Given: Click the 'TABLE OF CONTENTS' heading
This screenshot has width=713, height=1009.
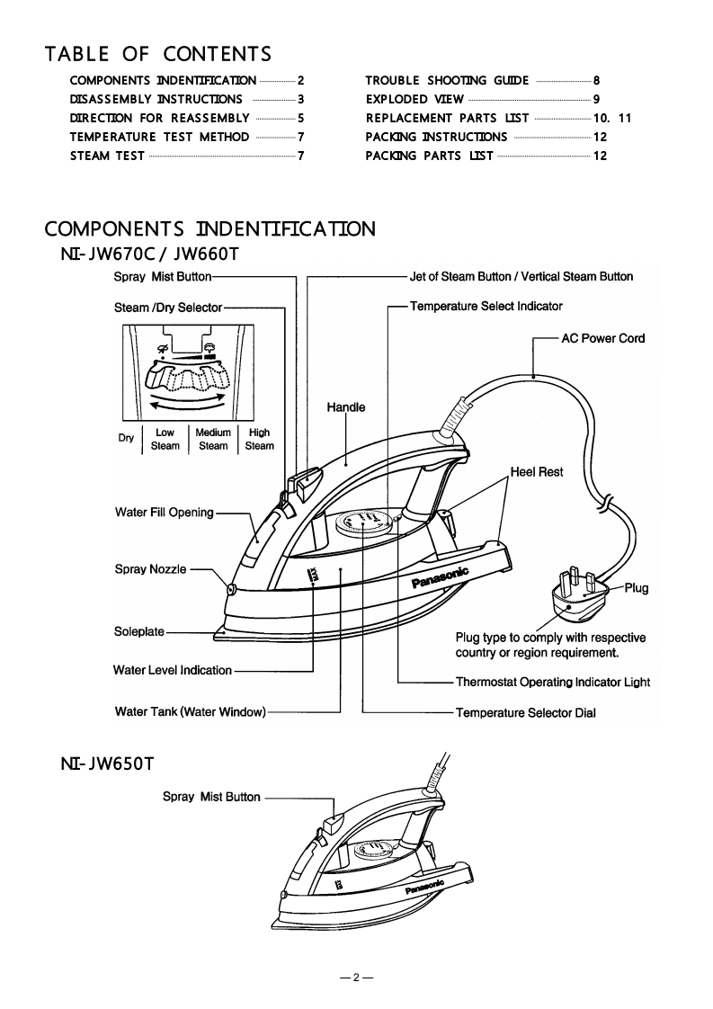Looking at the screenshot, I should click(x=158, y=55).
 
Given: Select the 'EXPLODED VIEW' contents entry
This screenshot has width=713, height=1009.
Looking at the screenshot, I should click(x=414, y=99).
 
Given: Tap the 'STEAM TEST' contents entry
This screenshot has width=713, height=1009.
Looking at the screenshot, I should click(x=107, y=156).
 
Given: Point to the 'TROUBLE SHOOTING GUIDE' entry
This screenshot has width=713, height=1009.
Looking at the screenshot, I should click(x=447, y=80).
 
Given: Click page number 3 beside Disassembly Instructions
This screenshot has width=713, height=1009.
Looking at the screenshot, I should click(x=301, y=99).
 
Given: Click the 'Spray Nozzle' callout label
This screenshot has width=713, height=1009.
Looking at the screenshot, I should click(x=150, y=569).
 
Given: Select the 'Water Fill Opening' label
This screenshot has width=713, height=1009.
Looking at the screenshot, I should click(x=165, y=513).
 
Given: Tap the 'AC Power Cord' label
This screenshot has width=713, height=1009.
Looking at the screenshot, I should click(x=602, y=338).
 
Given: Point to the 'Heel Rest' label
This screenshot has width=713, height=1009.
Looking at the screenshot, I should click(x=537, y=471).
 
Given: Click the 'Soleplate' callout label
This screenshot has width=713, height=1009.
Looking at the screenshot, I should click(x=139, y=631).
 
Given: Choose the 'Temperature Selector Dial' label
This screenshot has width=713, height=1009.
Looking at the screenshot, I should click(x=525, y=713).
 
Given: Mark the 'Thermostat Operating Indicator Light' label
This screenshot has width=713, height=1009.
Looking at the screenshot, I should click(x=552, y=682).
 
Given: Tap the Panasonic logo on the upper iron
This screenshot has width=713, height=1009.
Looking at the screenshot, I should click(x=441, y=574).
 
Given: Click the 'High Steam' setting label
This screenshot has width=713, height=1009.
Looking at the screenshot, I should click(x=259, y=439).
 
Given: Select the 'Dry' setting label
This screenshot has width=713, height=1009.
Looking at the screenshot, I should click(x=126, y=438).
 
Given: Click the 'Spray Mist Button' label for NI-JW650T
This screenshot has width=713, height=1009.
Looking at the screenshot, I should click(x=211, y=797).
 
